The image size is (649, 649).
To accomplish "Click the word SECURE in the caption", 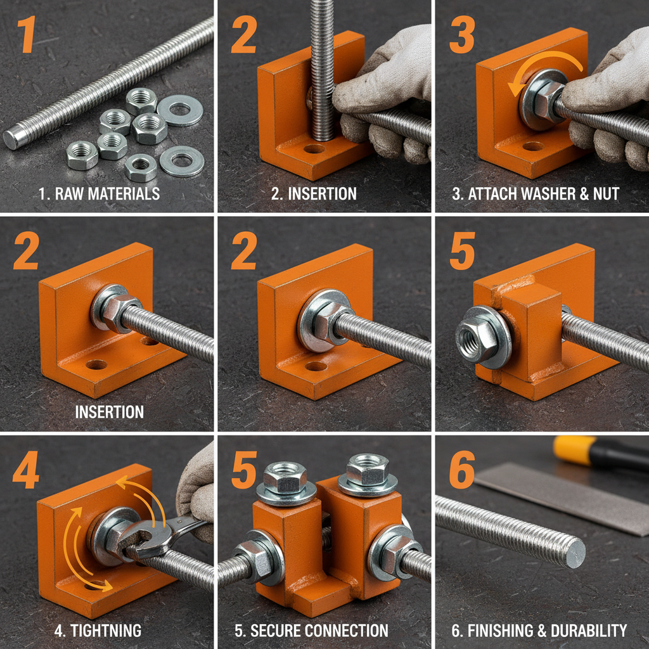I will pyautogui.click(x=280, y=631).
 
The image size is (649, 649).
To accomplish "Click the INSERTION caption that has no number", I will pyautogui.click(x=109, y=412).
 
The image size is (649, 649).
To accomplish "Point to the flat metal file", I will pyautogui.click(x=558, y=494).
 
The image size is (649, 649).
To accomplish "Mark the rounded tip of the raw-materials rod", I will pyautogui.click(x=12, y=139).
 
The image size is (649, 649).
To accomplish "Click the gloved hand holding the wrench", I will pyautogui.click(x=196, y=494).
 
